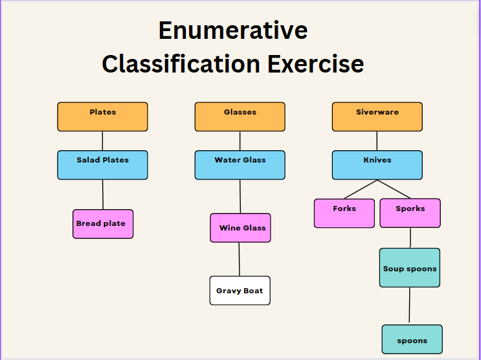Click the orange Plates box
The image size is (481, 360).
click(x=102, y=117)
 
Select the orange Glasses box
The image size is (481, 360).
click(x=240, y=117)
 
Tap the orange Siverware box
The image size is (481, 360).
click(x=377, y=117)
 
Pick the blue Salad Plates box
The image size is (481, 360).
click(x=102, y=165)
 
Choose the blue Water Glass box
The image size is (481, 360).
click(x=240, y=165)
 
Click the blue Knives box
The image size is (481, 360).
click(x=377, y=165)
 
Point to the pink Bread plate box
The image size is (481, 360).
click(x=103, y=224)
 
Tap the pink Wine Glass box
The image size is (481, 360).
click(x=241, y=228)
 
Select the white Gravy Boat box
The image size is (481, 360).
click(x=240, y=290)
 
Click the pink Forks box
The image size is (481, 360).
click(x=344, y=213)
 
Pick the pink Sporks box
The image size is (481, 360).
click(x=410, y=213)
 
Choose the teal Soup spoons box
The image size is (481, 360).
click(x=410, y=268)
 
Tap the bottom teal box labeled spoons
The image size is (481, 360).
click(x=412, y=339)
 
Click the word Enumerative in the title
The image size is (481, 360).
click(x=233, y=30)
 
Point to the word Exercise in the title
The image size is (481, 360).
click(x=316, y=64)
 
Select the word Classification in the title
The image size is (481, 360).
click(x=181, y=64)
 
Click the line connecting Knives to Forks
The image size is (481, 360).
click(x=361, y=189)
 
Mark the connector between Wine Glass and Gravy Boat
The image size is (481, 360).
click(x=240, y=260)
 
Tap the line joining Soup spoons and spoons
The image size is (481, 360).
click(x=410, y=305)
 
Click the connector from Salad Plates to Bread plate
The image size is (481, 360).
click(x=103, y=195)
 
